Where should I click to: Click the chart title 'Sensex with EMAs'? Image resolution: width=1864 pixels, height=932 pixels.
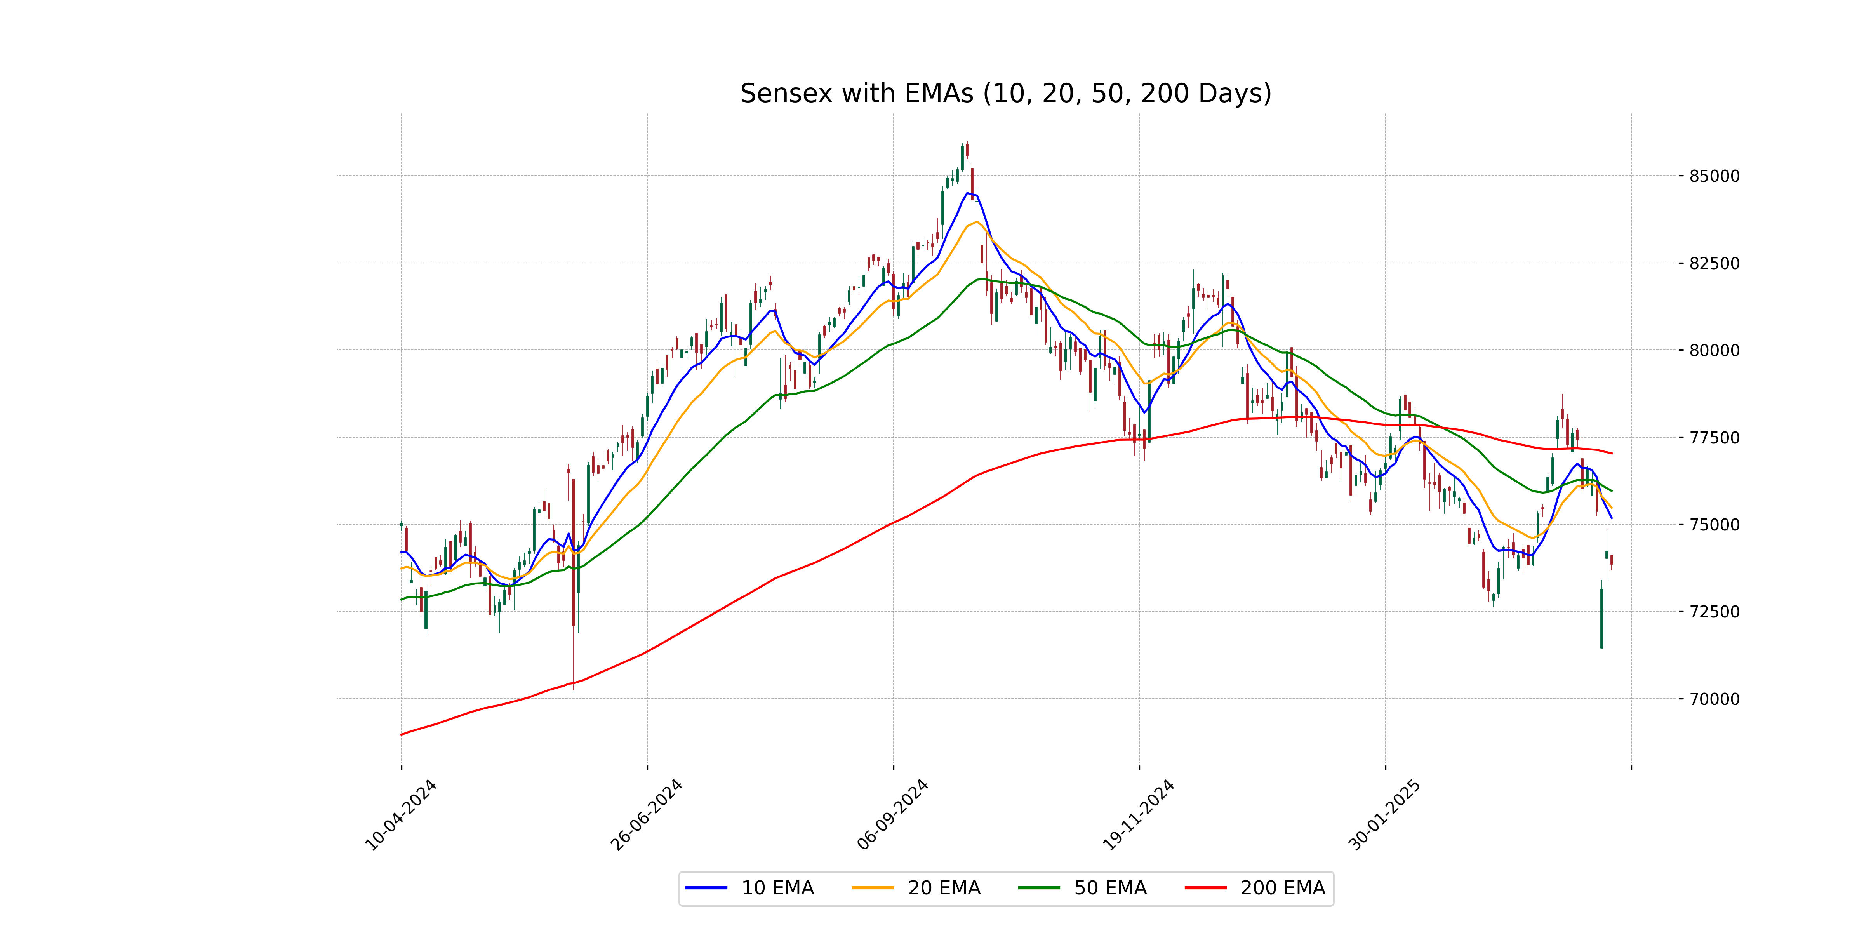pos(1005,93)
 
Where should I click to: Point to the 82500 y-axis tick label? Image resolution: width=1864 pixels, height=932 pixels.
pos(1713,263)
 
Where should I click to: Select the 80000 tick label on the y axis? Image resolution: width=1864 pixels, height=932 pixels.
pos(1713,350)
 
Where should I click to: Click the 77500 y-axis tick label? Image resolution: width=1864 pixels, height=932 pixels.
pos(1713,438)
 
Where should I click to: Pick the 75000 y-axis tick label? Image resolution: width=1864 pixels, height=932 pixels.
pos(1713,525)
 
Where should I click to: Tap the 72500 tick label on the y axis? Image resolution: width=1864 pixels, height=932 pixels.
pos(1713,612)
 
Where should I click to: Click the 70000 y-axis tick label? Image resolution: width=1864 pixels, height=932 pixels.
pos(1713,699)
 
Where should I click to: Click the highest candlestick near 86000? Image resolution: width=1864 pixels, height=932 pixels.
pos(967,150)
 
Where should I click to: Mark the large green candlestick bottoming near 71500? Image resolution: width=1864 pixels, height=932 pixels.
pos(1601,619)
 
